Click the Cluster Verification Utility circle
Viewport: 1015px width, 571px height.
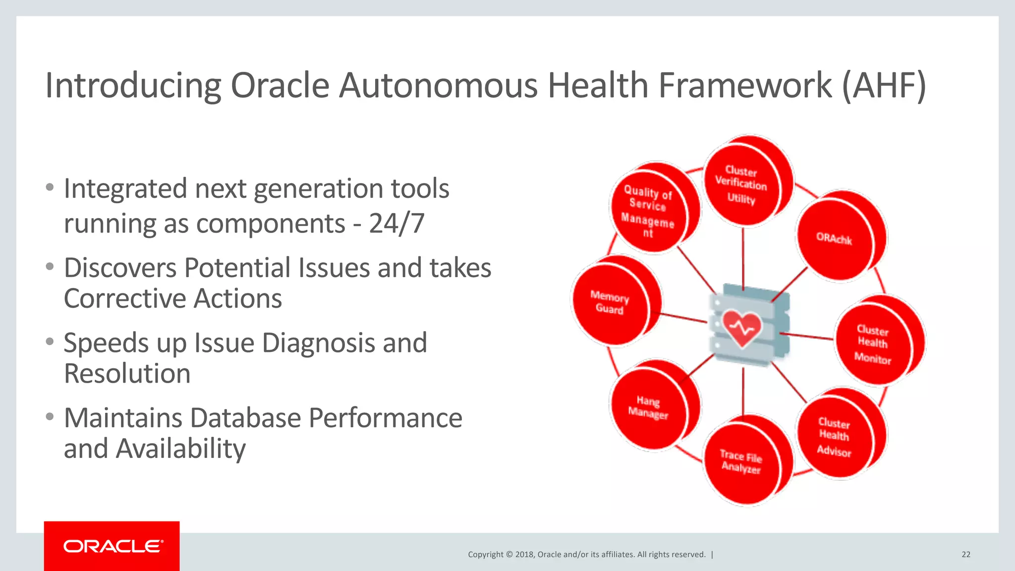coord(742,184)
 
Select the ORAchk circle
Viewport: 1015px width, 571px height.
coord(835,239)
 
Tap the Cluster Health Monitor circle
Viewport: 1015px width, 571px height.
coord(873,343)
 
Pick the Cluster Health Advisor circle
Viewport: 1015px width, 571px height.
coord(834,436)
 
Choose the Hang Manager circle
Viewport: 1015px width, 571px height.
coord(648,407)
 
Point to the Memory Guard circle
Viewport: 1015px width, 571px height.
coord(610,302)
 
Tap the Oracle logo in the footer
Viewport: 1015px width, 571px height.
coord(113,546)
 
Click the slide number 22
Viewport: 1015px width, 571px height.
coord(966,555)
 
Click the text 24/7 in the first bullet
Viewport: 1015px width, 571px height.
coord(396,224)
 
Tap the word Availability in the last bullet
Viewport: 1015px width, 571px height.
coord(180,449)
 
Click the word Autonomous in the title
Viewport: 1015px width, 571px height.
coord(439,86)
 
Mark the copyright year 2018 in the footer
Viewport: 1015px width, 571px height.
coord(524,555)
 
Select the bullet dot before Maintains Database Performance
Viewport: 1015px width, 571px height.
coord(49,416)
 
